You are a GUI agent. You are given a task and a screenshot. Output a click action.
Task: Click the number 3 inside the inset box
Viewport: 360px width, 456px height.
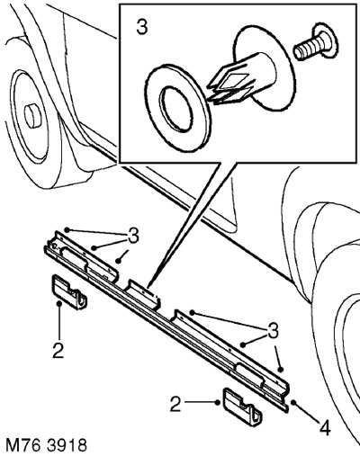click(142, 28)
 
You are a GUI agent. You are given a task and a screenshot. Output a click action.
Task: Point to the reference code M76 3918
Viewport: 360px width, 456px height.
click(46, 444)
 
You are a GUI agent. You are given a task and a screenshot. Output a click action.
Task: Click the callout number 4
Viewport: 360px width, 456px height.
click(325, 428)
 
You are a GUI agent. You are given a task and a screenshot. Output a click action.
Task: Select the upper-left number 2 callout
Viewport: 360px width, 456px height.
click(58, 350)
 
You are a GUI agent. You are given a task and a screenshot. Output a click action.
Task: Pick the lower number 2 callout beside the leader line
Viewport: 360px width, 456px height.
click(175, 404)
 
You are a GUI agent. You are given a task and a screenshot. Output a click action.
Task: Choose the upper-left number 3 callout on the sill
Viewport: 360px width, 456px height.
click(133, 236)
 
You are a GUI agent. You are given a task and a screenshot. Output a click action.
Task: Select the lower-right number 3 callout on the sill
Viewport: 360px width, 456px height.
click(273, 331)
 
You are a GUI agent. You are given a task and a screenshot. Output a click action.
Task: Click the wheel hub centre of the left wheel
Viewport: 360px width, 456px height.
click(32, 115)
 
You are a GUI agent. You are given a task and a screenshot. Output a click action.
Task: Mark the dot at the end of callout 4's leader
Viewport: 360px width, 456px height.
click(292, 402)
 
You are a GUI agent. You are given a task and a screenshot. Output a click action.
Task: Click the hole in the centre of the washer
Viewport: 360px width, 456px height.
click(176, 110)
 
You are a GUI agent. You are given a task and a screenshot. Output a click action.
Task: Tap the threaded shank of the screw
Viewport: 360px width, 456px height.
click(305, 51)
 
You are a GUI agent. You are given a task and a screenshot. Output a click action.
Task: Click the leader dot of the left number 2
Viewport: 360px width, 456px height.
click(59, 304)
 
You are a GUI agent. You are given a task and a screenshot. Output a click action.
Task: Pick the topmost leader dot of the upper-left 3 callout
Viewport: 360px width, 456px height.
click(67, 230)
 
